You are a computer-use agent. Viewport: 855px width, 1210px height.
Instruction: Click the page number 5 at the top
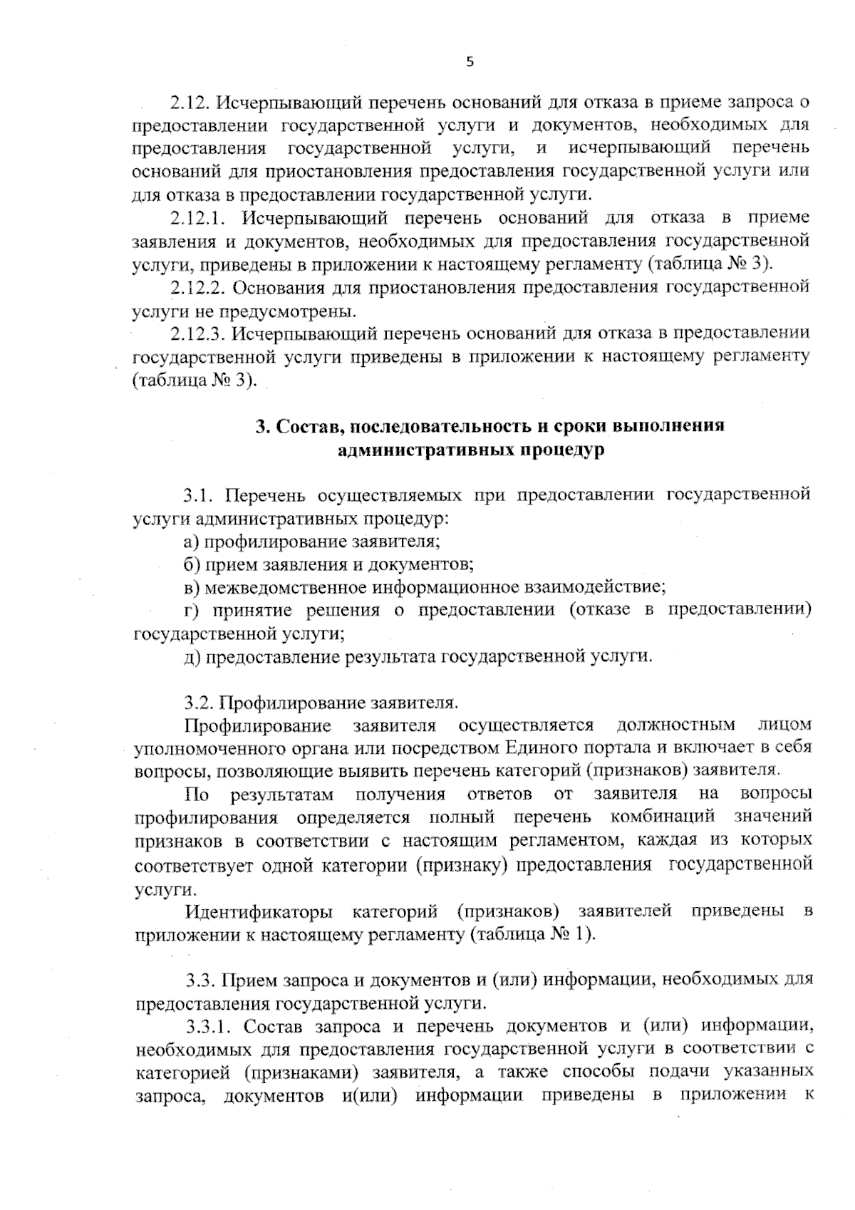pos(469,62)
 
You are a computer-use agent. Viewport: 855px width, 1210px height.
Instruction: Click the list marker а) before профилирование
pos(191,541)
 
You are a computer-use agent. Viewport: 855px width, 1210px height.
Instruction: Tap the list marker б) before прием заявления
pos(191,564)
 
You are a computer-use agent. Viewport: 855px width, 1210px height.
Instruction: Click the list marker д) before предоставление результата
pos(191,656)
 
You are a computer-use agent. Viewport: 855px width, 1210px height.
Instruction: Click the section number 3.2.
pos(199,703)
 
